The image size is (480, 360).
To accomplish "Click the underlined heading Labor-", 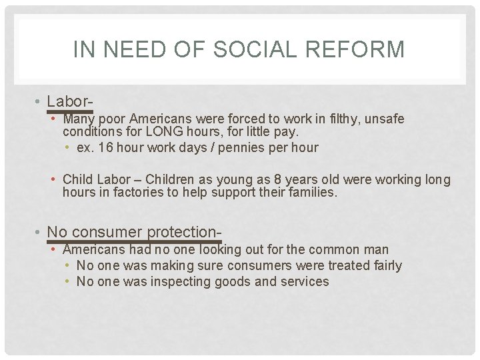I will point(69,102).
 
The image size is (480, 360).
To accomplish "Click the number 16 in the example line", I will point(105,147).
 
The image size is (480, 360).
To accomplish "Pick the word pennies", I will point(241,147).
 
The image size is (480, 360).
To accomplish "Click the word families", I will point(315,193).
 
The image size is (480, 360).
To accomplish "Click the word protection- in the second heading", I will point(184,232).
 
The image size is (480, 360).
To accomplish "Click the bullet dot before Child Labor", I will point(54,180).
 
